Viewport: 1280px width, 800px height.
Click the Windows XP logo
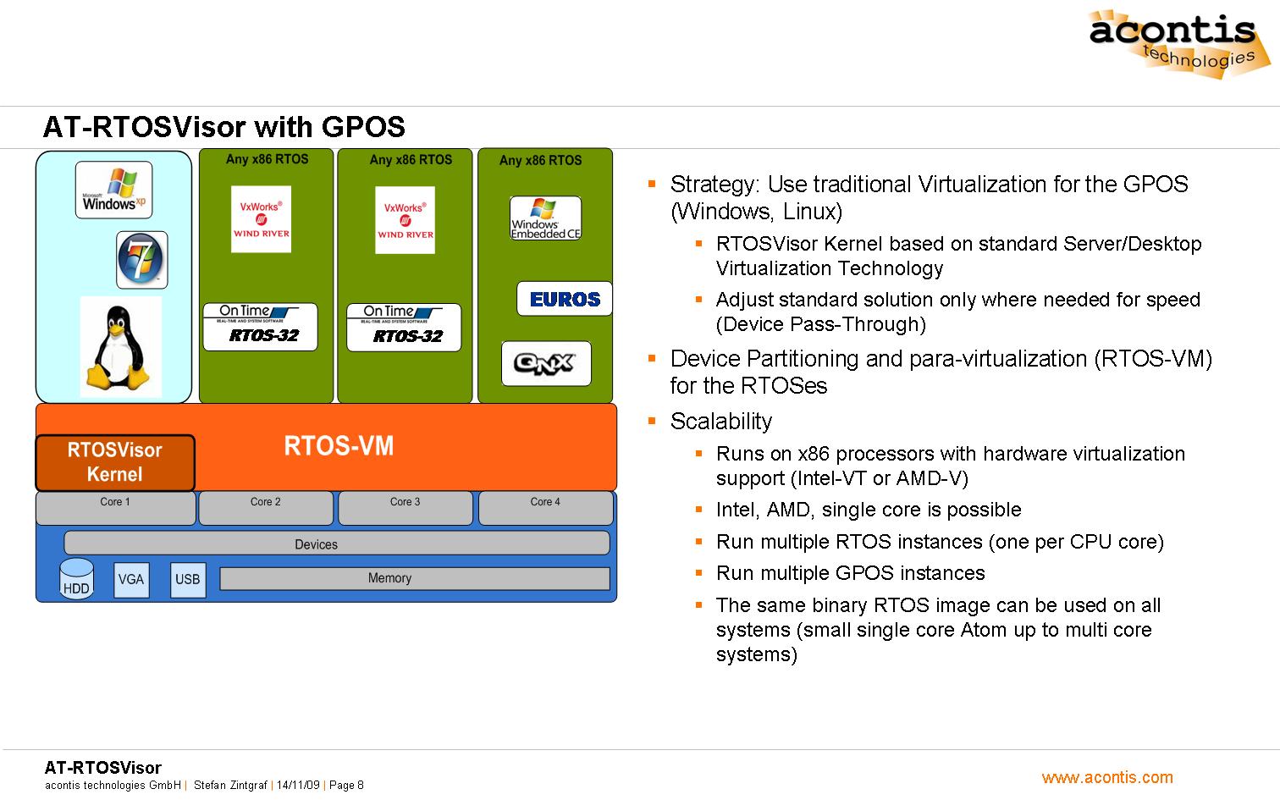coord(113,190)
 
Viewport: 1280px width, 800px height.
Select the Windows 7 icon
coord(141,260)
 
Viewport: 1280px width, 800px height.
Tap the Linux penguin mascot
coord(120,346)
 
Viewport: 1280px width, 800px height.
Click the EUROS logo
coord(564,299)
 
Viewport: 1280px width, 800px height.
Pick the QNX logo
coord(546,363)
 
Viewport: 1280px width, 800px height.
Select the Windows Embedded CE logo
coord(545,218)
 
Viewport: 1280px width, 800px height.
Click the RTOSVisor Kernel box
coord(115,462)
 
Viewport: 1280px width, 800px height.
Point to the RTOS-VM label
coord(339,446)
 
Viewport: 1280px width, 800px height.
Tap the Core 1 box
coord(115,508)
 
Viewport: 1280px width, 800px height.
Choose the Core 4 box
coord(545,508)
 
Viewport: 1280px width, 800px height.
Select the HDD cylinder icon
coord(76,579)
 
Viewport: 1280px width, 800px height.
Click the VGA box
coord(131,580)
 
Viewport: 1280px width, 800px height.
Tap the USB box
coord(187,580)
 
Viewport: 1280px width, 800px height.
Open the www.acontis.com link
coord(1107,777)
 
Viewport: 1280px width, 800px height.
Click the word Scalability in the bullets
coord(721,422)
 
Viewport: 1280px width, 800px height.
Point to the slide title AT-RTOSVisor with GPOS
coord(224,127)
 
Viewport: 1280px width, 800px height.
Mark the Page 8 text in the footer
coord(346,786)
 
